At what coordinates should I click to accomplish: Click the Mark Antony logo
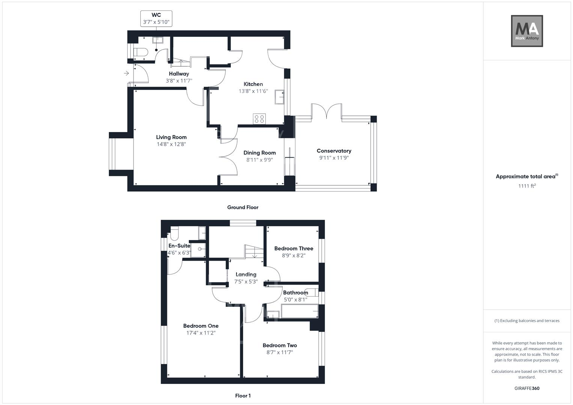527,31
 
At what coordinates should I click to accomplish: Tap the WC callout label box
156,19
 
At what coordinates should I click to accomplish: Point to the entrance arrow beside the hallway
126,73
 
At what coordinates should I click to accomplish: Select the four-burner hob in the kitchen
259,119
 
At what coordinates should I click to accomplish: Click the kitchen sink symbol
279,97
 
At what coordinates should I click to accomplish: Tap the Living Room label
171,137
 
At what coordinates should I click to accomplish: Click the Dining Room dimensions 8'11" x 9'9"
259,160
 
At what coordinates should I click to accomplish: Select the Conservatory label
334,151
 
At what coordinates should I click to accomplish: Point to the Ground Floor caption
242,207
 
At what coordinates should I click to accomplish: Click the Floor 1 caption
242,396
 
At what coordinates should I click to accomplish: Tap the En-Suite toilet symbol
174,234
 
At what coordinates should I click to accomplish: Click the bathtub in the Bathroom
299,311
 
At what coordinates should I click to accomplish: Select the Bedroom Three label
293,248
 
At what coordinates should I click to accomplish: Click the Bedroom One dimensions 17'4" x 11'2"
201,333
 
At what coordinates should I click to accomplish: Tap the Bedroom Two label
280,345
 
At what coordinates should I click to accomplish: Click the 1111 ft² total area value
526,186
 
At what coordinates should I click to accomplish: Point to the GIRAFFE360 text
526,388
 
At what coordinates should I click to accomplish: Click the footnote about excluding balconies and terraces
526,321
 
